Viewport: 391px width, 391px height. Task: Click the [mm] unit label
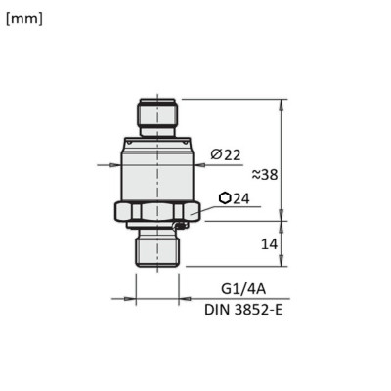[24, 19]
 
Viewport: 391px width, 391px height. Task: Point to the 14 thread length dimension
[269, 243]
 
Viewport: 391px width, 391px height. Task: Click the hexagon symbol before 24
[226, 197]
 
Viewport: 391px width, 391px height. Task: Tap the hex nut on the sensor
[156, 210]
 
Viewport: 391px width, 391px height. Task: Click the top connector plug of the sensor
[156, 115]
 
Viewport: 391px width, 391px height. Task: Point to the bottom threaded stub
[156, 248]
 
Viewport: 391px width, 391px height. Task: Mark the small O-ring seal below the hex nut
[178, 228]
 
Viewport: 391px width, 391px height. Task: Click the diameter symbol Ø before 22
[216, 153]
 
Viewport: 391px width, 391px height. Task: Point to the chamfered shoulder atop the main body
[156, 142]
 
